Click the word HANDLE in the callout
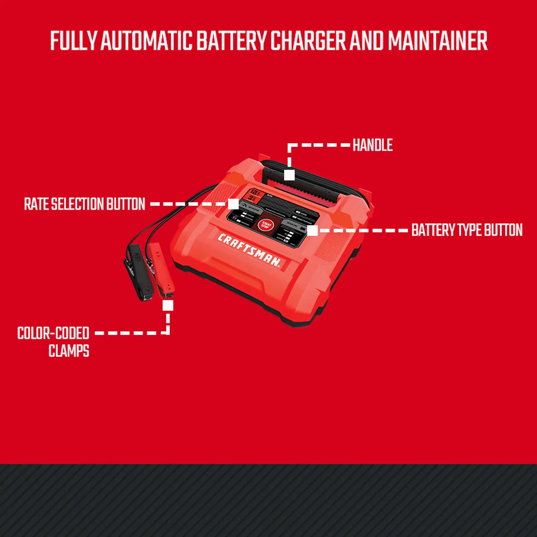373,145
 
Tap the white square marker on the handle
289,175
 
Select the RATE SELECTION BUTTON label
85,204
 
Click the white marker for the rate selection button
233,204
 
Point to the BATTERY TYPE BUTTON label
467,230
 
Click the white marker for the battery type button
312,230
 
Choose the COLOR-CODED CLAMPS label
53,341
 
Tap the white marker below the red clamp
168,305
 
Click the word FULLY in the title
73,41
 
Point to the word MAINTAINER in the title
438,41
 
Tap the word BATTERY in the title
231,41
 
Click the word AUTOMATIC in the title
146,41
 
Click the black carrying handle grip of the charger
307,185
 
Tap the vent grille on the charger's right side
332,243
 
